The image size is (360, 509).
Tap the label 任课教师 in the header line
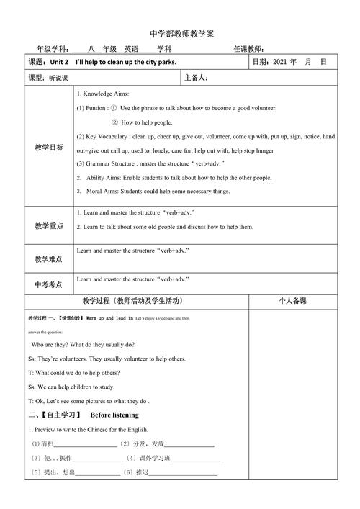tap(249, 49)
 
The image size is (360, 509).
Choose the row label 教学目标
tap(49, 148)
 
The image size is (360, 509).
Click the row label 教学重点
tap(49, 225)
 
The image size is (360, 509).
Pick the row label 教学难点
tap(49, 258)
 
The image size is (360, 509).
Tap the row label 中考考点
tap(49, 284)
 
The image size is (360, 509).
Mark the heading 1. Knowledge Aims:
tap(103, 94)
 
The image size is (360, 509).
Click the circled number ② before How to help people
tap(114, 122)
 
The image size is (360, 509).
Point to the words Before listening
tap(114, 415)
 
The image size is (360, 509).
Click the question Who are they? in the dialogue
tap(53, 345)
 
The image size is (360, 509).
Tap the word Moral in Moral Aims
tap(96, 191)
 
